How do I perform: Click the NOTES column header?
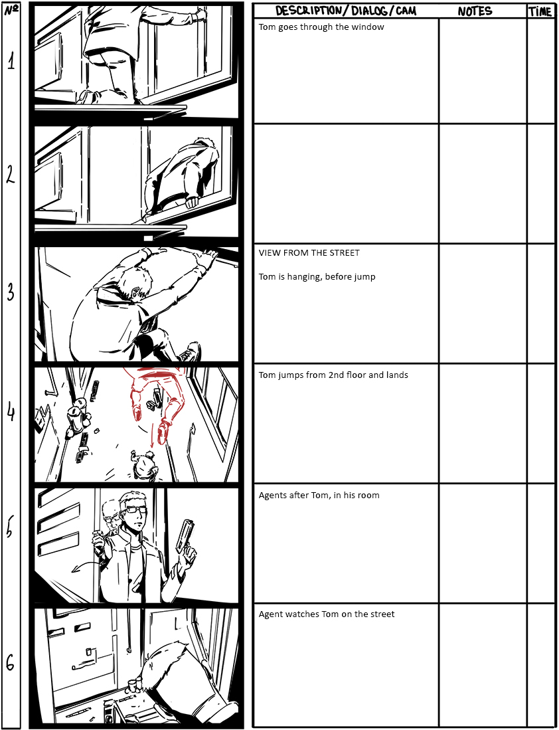[x=475, y=11]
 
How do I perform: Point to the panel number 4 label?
[x=11, y=412]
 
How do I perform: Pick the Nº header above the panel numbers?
[x=11, y=10]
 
